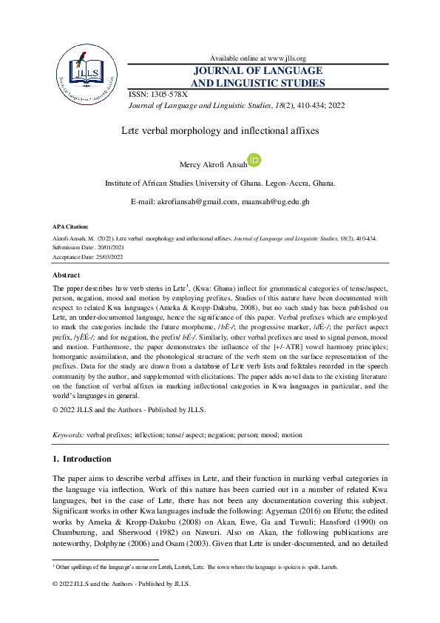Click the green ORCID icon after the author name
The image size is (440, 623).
(x=254, y=159)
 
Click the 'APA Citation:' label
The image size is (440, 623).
(x=70, y=226)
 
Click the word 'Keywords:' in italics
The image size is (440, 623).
(x=68, y=436)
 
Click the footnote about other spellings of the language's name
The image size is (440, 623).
(x=195, y=566)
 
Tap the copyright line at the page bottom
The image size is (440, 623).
(x=121, y=585)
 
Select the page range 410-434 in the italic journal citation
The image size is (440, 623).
(x=307, y=106)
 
